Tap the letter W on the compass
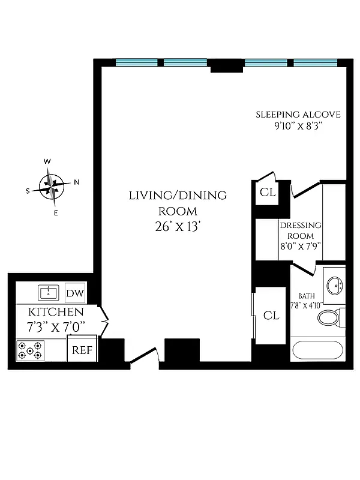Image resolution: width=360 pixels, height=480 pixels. pyautogui.click(x=46, y=161)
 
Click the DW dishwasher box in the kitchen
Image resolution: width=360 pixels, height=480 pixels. pyautogui.click(x=75, y=293)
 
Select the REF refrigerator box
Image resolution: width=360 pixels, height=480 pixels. pyautogui.click(x=82, y=350)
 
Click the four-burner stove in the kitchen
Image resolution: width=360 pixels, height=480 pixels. pyautogui.click(x=30, y=350)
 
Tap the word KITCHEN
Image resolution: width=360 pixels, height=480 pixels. pyautogui.click(x=55, y=313)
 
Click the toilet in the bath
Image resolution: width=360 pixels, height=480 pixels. pyautogui.click(x=330, y=317)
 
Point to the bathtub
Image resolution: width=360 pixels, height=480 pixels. pyautogui.click(x=317, y=350)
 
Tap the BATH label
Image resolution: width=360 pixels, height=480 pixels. pyautogui.click(x=307, y=296)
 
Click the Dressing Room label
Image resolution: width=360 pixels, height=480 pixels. pyautogui.click(x=300, y=230)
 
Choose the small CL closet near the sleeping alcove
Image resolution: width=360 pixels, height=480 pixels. pyautogui.click(x=267, y=193)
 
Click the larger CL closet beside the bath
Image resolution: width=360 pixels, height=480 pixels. pyautogui.click(x=271, y=316)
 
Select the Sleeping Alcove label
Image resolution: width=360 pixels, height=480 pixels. pyautogui.click(x=298, y=115)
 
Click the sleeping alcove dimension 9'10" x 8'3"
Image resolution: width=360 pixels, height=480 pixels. pyautogui.click(x=298, y=127)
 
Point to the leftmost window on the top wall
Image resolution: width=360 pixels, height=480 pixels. pyautogui.click(x=136, y=62)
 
